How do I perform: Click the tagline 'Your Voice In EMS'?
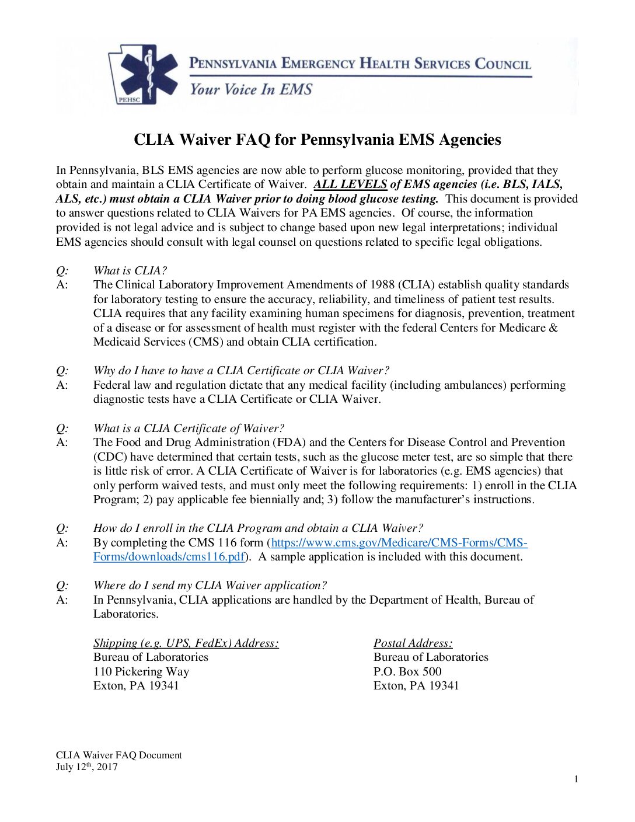click(x=251, y=89)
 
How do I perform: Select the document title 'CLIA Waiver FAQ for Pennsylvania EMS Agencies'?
click(x=317, y=140)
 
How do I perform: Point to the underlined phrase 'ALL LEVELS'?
click(x=350, y=184)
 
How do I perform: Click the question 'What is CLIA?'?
click(x=130, y=270)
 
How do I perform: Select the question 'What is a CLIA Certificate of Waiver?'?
click(x=189, y=428)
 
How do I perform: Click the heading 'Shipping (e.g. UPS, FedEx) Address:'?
click(x=186, y=643)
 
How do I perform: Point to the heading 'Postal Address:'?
click(x=413, y=643)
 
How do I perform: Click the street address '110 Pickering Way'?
click(x=141, y=671)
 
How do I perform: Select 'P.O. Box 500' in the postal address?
click(x=407, y=671)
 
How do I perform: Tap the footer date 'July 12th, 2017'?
click(x=86, y=767)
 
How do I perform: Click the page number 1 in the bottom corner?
click(x=576, y=779)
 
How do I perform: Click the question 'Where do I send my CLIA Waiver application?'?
click(x=210, y=585)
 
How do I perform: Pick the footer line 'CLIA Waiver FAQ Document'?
click(x=118, y=755)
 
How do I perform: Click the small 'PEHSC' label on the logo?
click(x=128, y=99)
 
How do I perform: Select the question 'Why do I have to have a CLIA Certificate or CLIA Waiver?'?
click(x=241, y=371)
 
